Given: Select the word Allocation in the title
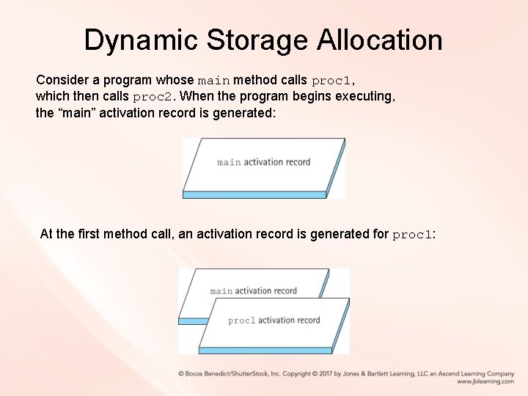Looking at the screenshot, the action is click(380, 40).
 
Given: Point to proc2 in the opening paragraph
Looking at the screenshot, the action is click(154, 96).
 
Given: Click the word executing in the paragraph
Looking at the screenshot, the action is click(365, 96).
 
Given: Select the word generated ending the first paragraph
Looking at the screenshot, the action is click(241, 113).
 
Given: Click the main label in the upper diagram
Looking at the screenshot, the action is click(229, 162).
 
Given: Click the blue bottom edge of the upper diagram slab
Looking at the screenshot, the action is click(254, 195).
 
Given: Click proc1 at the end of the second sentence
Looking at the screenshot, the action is click(413, 235).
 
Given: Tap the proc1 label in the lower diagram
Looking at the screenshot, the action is click(241, 320).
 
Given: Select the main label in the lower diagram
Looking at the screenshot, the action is click(221, 291).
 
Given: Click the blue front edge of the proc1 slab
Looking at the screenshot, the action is click(264, 351).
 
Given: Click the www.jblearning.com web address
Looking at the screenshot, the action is click(485, 381).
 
